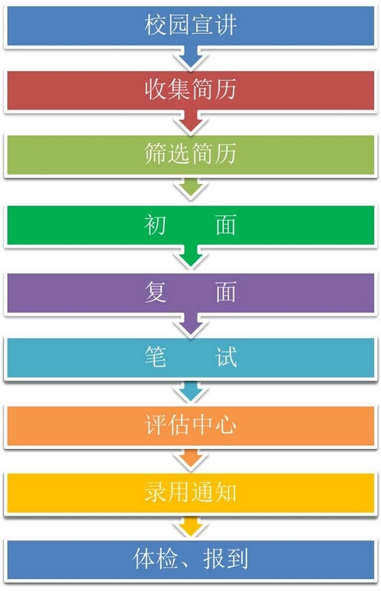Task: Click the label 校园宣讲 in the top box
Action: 190,25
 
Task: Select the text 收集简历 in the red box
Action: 190,90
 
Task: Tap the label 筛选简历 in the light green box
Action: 190,153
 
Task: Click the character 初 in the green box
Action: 155,225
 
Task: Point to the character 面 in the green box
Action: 226,225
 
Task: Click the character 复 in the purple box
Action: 155,292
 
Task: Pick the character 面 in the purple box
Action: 226,292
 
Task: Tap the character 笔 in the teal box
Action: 155,356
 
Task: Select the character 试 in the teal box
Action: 226,356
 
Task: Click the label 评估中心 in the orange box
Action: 190,424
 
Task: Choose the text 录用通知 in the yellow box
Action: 190,492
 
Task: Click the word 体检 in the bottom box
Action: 155,558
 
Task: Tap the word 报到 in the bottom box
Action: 225,558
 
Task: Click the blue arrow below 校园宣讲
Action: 190,57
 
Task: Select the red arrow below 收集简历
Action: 190,121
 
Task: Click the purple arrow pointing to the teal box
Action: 190,324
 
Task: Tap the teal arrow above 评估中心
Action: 190,392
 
